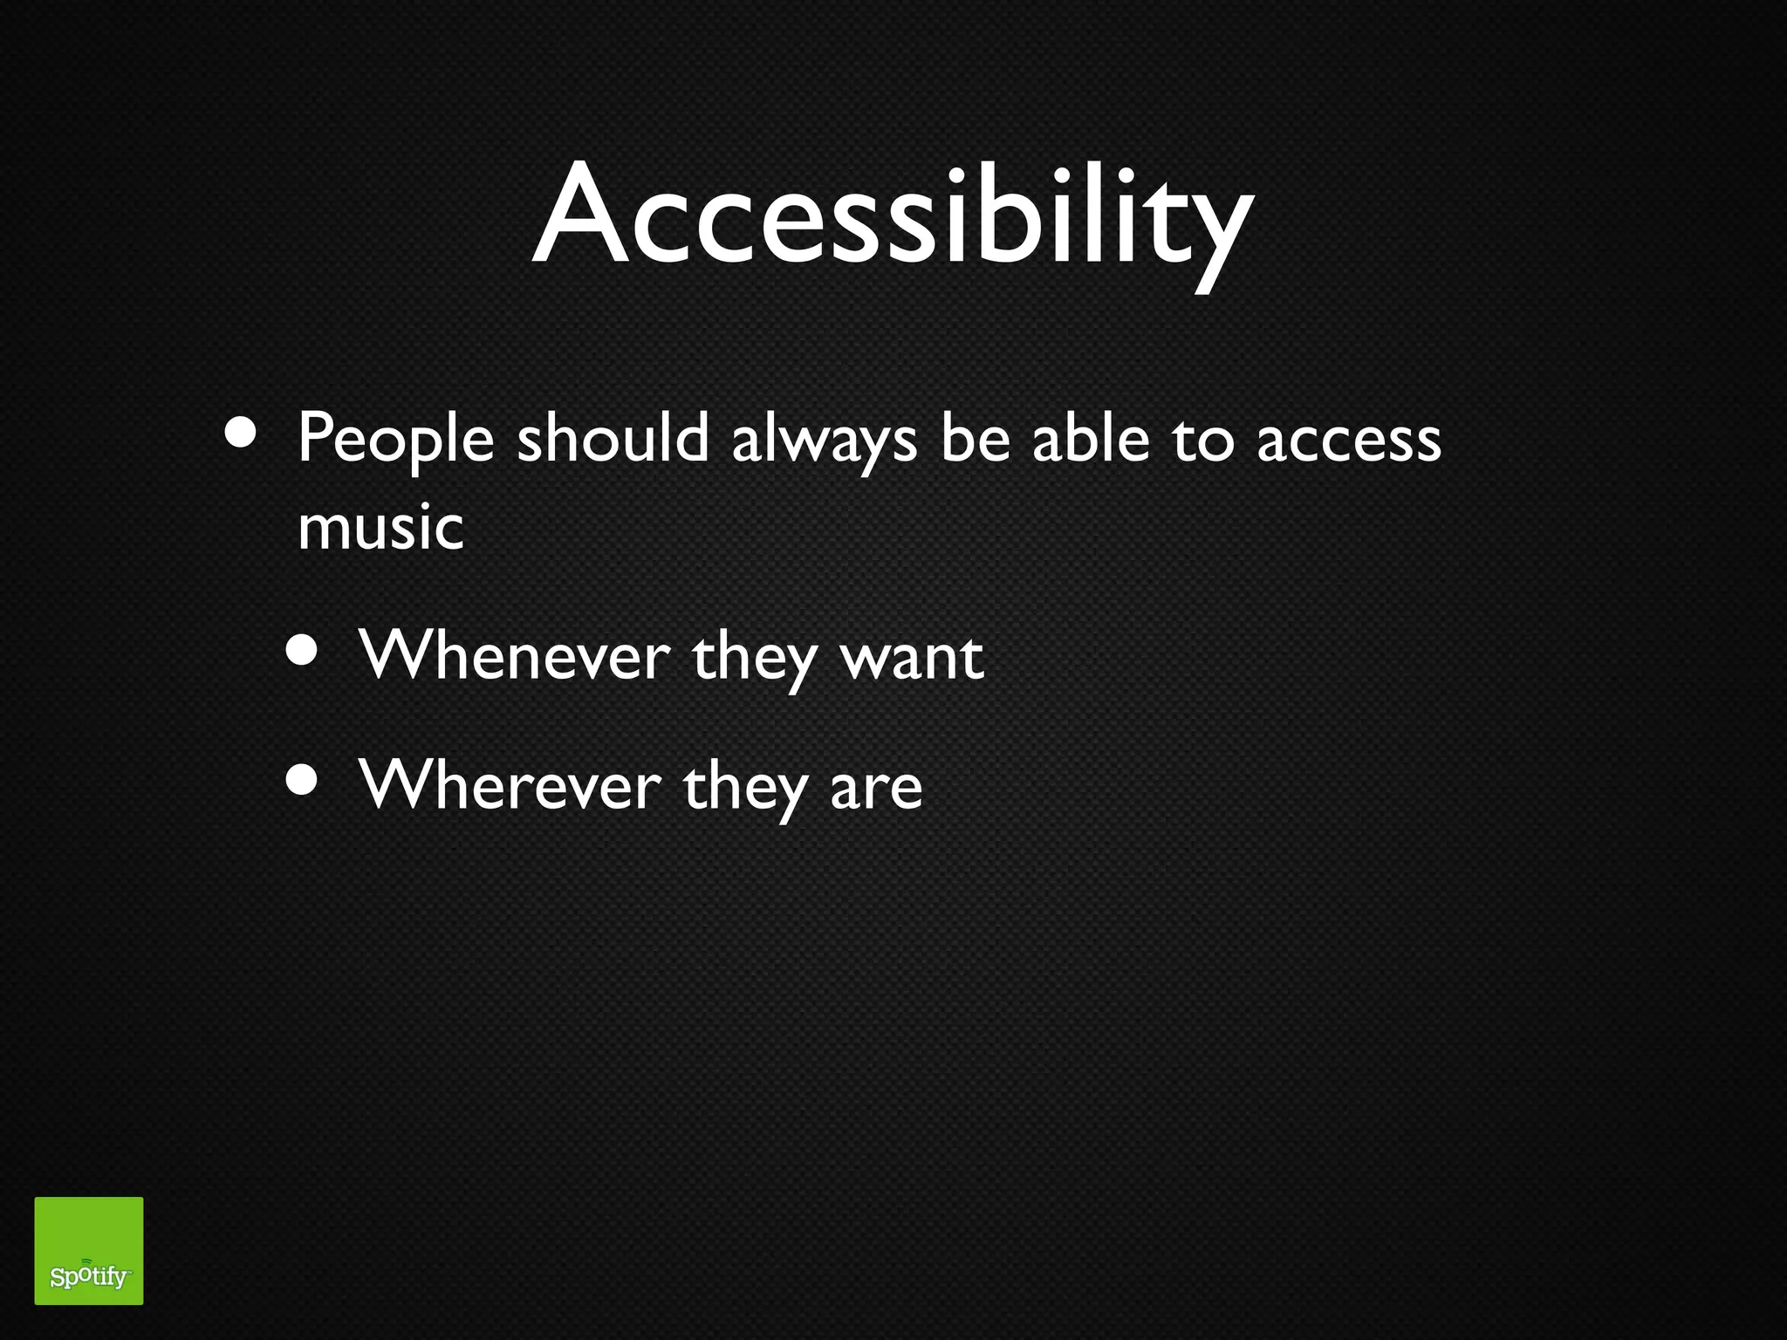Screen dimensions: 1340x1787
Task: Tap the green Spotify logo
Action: [89, 1250]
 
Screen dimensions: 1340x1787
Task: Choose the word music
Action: [380, 528]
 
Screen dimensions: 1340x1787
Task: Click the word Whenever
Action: [515, 656]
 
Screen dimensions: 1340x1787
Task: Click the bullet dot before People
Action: [241, 432]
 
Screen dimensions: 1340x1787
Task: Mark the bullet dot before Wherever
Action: [302, 780]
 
